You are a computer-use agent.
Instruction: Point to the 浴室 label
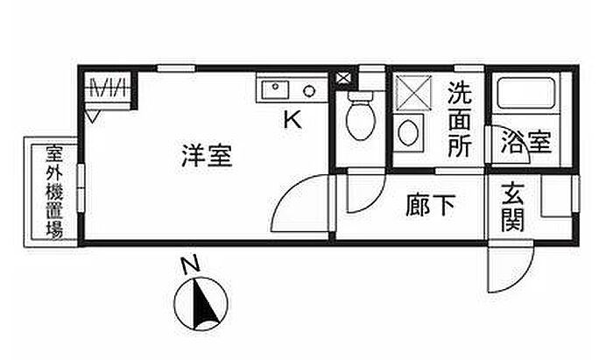click(525, 143)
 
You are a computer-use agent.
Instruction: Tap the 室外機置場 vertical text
click(53, 192)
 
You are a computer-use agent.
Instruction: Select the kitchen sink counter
click(291, 89)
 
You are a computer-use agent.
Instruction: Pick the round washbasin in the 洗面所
click(408, 134)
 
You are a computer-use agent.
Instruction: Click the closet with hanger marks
click(110, 89)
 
